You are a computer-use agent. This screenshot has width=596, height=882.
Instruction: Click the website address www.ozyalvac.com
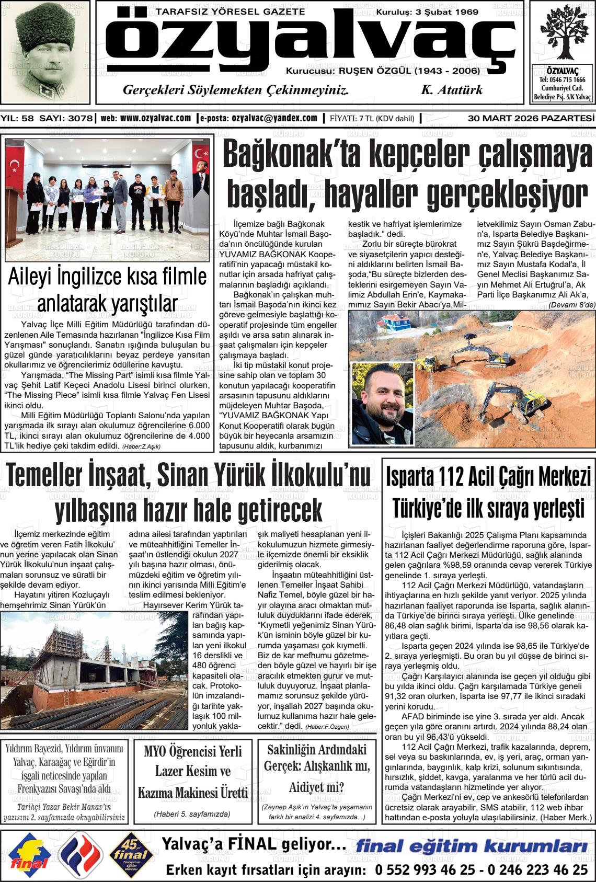coord(155,118)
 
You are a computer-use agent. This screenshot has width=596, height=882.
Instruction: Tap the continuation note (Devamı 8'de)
coord(572,305)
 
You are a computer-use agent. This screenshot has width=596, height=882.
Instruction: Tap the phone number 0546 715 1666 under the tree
coord(562,79)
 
